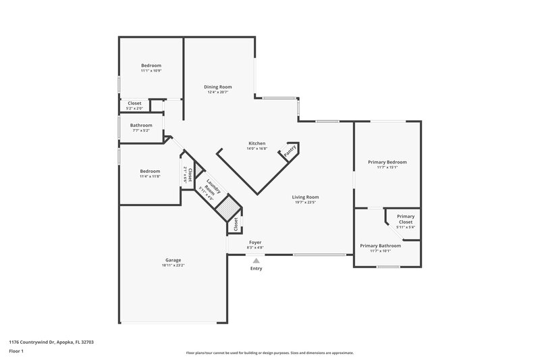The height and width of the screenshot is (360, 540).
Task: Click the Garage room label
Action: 173,260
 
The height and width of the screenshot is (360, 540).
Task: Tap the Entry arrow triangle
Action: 256,260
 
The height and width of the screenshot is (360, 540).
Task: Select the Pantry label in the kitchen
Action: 290,152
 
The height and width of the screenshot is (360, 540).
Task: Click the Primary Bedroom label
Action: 387,162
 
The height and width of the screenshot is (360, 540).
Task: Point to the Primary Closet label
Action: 406,219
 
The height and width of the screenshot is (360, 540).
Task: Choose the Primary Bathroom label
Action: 380,246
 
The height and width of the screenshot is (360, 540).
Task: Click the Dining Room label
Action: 218,86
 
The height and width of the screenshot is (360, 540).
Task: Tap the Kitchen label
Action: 256,143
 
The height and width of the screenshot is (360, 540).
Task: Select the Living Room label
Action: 306,197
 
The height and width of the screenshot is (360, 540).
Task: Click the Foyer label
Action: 255,242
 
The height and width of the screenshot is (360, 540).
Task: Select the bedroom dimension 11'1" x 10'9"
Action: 151,70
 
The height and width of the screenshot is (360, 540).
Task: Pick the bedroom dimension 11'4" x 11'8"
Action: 150,176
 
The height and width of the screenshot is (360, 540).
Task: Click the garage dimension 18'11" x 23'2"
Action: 173,265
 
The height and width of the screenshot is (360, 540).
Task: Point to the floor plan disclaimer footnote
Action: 269,353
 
